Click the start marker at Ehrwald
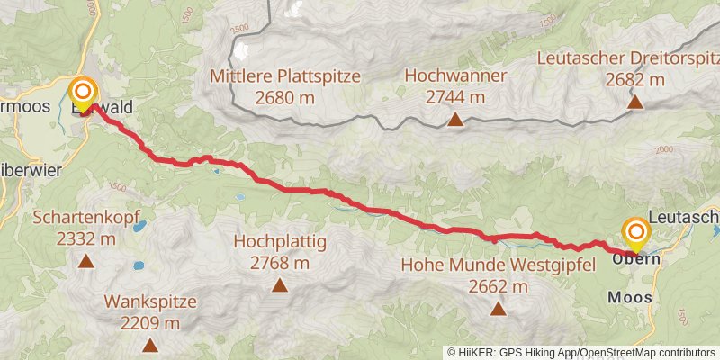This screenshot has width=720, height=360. [x=83, y=93]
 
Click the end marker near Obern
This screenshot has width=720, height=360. [x=635, y=234]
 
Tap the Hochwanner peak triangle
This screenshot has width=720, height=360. [x=455, y=119]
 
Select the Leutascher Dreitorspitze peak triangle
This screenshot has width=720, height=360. [x=635, y=102]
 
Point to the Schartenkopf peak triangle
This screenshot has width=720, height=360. [x=86, y=262]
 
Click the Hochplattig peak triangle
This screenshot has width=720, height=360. [x=280, y=285]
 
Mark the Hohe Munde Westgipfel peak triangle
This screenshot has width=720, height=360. [x=498, y=309]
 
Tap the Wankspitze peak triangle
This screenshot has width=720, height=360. [x=149, y=345]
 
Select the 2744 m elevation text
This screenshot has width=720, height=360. [x=455, y=97]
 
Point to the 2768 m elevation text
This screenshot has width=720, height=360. [x=280, y=264]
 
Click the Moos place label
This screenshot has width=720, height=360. [x=630, y=296]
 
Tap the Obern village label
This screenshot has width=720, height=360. [x=636, y=259]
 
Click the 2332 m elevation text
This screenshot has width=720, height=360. [x=86, y=239]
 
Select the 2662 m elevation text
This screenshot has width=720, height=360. [x=498, y=287]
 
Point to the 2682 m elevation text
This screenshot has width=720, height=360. [x=634, y=80]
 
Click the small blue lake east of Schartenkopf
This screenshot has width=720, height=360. [x=140, y=227]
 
